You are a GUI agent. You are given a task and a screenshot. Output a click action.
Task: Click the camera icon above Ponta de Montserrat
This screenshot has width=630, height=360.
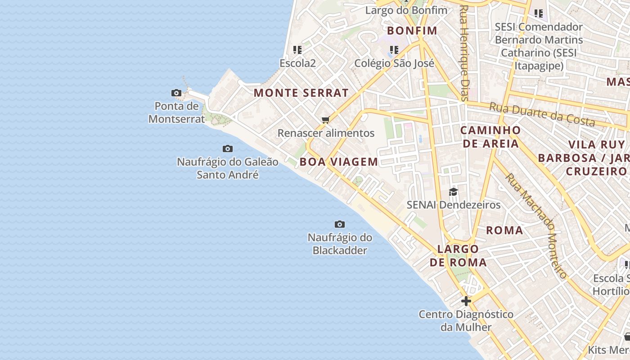(x=176, y=93)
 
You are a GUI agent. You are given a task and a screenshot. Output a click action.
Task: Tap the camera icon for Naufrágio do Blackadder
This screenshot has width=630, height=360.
(x=340, y=224)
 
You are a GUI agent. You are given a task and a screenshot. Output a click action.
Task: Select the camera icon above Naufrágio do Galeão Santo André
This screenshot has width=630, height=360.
(x=228, y=148)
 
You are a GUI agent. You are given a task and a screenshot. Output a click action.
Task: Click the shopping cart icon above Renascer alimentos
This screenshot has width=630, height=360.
(x=326, y=120)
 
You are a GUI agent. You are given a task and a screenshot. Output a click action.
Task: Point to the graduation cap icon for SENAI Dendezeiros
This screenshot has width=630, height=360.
(x=453, y=192)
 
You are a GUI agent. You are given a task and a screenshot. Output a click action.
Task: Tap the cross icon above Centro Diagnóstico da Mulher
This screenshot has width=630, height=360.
(x=466, y=301)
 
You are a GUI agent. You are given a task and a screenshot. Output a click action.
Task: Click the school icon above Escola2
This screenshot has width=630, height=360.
(x=297, y=49)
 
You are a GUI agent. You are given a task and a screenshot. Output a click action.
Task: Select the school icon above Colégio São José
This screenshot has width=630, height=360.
(x=394, y=49)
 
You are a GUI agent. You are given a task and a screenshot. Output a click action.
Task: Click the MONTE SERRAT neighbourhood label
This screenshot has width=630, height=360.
(x=301, y=93)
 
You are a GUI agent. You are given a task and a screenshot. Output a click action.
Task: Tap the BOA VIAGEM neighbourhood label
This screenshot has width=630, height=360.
(x=339, y=162)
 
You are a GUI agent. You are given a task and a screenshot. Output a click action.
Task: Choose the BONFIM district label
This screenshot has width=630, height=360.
(x=412, y=31)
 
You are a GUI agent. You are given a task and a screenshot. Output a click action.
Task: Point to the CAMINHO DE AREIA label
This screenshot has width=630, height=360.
(x=491, y=137)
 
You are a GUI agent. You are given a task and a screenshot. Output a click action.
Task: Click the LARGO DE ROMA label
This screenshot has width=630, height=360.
(x=458, y=256)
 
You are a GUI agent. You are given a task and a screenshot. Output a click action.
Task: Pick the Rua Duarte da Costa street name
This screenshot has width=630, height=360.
(x=542, y=114)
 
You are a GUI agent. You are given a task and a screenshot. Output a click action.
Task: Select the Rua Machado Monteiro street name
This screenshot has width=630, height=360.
(x=536, y=225)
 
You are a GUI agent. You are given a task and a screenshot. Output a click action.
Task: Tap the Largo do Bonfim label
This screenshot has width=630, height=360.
(x=406, y=10)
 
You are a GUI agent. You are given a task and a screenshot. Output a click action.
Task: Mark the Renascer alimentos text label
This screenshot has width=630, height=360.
(x=326, y=133)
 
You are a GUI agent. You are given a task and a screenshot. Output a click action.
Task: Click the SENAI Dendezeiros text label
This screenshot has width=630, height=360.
(x=454, y=205)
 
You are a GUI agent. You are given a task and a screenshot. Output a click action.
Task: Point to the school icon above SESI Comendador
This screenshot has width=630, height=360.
(x=539, y=13)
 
